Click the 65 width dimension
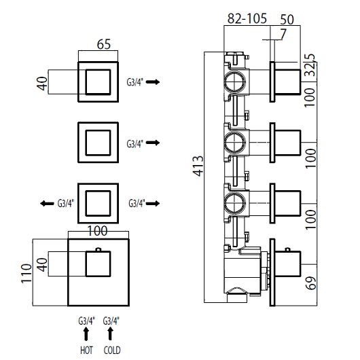(x=104, y=44)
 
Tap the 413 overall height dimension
(x=198, y=166)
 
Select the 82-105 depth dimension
(x=247, y=18)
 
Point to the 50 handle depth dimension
(x=287, y=20)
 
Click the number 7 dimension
(x=283, y=34)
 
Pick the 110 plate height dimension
(x=26, y=274)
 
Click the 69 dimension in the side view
(x=311, y=283)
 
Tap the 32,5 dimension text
(x=311, y=65)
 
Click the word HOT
(x=86, y=350)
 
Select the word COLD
(x=112, y=350)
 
